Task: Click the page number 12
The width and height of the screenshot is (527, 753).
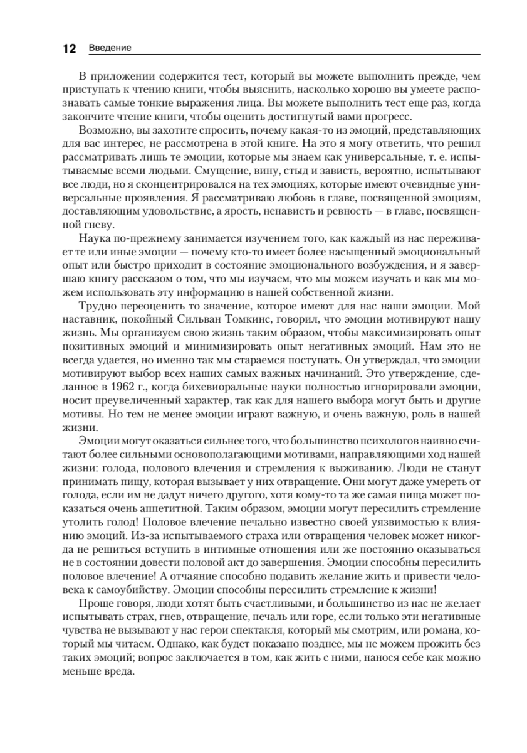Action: point(68,49)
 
